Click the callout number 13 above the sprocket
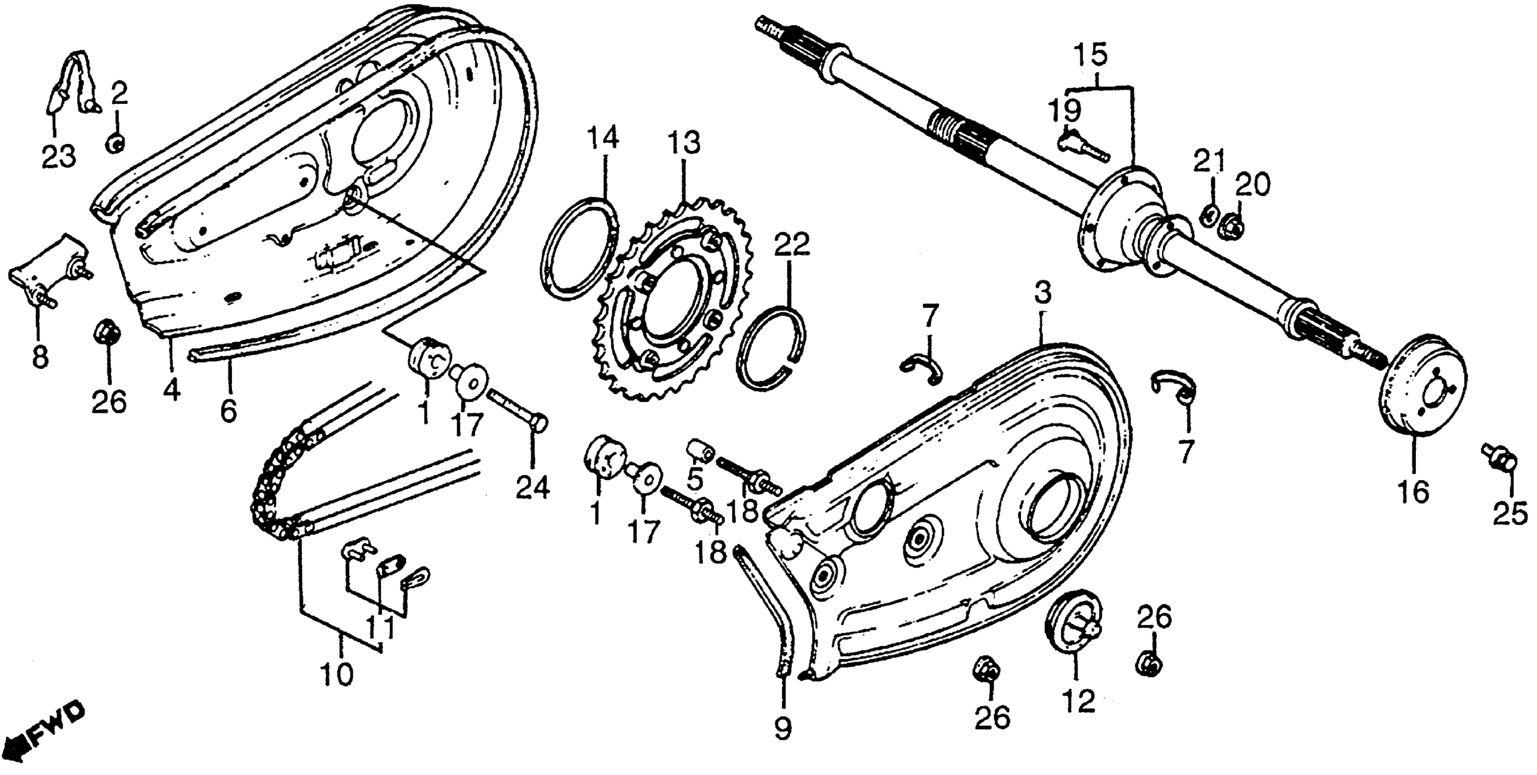(x=684, y=144)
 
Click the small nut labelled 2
(x=115, y=144)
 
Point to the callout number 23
(x=58, y=156)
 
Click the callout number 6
(x=228, y=410)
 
